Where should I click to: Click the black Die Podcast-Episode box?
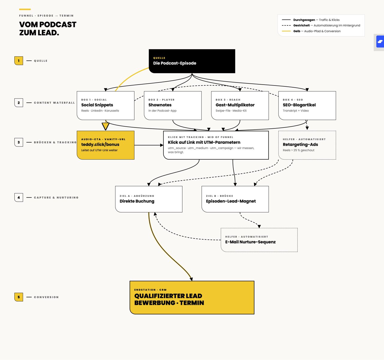tap(192, 61)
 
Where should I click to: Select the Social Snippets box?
tap(106, 106)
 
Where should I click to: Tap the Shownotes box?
tap(173, 106)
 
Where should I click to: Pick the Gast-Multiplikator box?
tap(240, 106)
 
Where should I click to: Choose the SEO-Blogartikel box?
tap(307, 106)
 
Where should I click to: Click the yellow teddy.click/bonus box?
tap(106, 145)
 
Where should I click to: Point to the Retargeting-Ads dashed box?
tap(307, 145)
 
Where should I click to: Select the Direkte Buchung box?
tap(149, 199)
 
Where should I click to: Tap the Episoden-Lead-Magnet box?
tap(235, 199)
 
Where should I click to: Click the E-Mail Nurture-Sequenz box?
tap(259, 240)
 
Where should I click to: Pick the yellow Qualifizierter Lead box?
tap(192, 298)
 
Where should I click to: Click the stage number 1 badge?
tap(19, 61)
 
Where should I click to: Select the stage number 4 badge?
tap(19, 197)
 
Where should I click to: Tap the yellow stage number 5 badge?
tap(19, 297)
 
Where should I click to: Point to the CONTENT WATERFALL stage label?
tap(54, 103)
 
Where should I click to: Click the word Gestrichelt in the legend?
tap(301, 25)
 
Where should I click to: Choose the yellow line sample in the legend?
tap(286, 31)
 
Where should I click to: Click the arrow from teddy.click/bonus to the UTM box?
tap(149, 145)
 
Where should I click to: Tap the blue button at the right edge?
tap(380, 42)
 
